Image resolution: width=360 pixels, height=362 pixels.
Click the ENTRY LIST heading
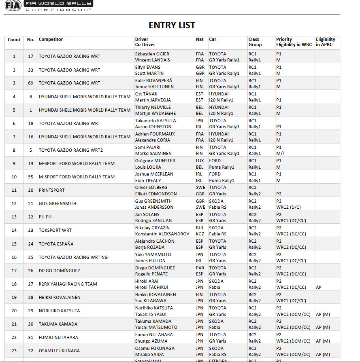tap(172, 25)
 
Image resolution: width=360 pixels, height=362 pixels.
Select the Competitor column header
tap(51, 39)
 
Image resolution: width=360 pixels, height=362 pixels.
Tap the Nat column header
tap(200, 39)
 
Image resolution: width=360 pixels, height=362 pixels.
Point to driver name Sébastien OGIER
tap(152, 54)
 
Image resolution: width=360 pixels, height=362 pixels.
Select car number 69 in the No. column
tap(31, 83)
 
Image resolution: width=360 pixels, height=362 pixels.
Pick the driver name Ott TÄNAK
tap(146, 94)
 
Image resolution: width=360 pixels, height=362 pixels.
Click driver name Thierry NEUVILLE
tap(153, 107)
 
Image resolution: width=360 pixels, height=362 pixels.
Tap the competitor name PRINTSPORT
tap(51, 190)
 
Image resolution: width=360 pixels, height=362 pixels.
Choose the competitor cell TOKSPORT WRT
tap(55, 230)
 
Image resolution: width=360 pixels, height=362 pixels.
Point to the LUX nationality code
tap(200, 161)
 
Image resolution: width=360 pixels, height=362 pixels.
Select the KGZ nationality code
tap(200, 234)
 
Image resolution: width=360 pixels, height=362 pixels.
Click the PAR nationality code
tap(200, 268)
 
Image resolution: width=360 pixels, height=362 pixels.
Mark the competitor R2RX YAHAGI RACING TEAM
tap(68, 284)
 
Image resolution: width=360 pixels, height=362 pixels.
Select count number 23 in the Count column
tap(14, 351)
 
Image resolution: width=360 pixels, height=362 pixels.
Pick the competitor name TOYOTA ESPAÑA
tap(59, 244)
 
